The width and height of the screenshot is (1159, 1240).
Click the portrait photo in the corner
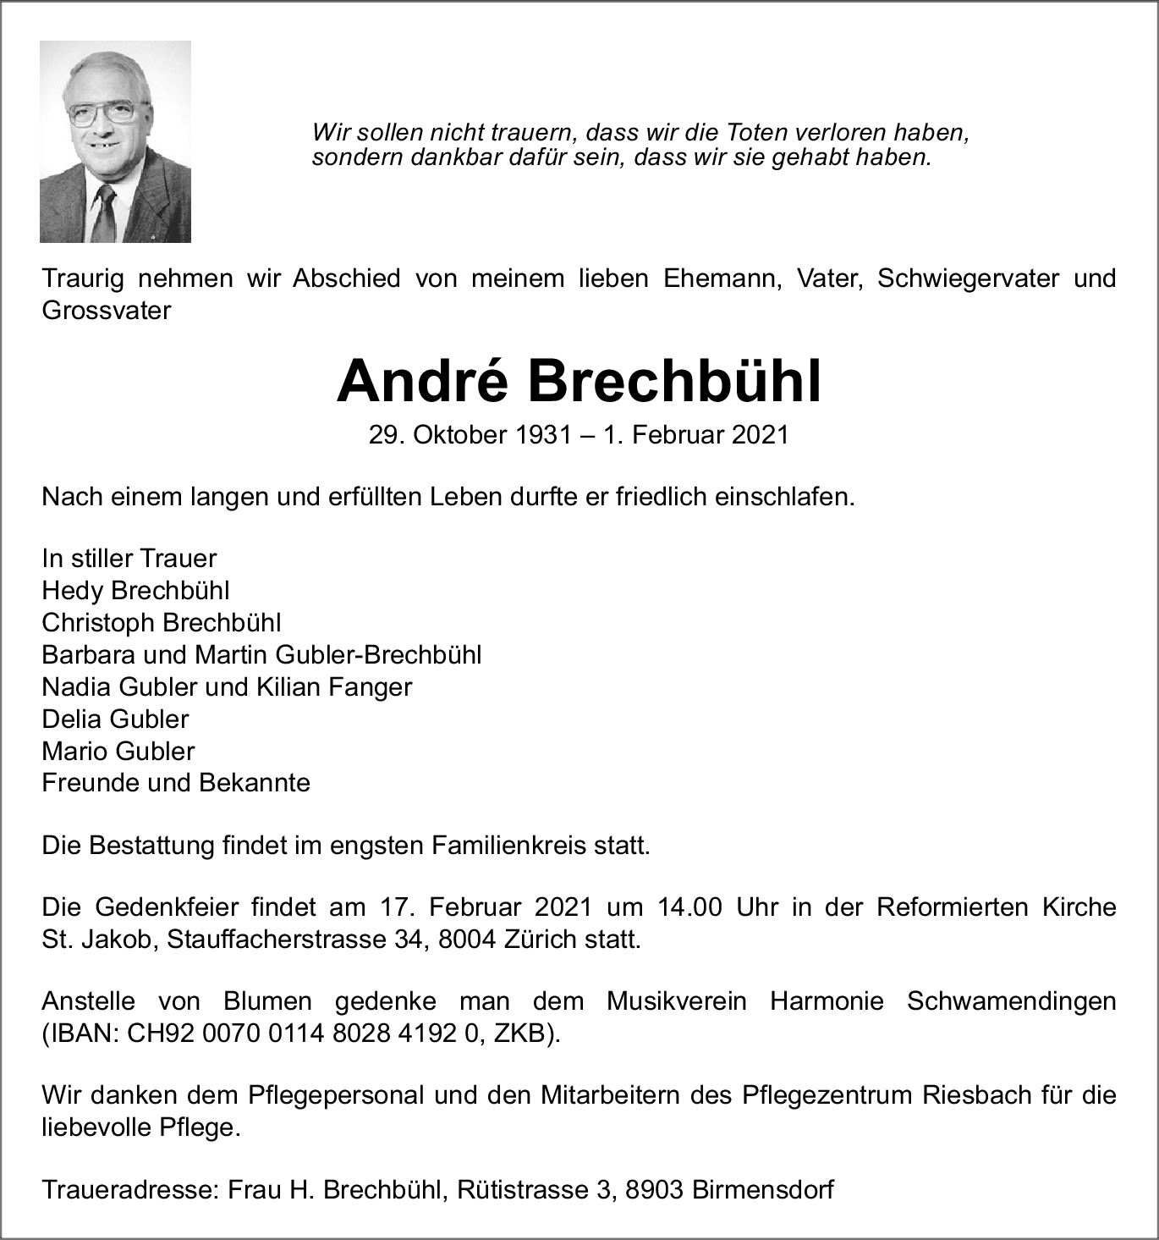[115, 141]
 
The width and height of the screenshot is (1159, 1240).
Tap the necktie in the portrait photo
[104, 216]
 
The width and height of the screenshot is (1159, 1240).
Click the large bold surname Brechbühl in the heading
[675, 383]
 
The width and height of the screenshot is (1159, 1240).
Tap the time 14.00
[689, 907]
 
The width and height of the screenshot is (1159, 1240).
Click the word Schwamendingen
[1011, 1001]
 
